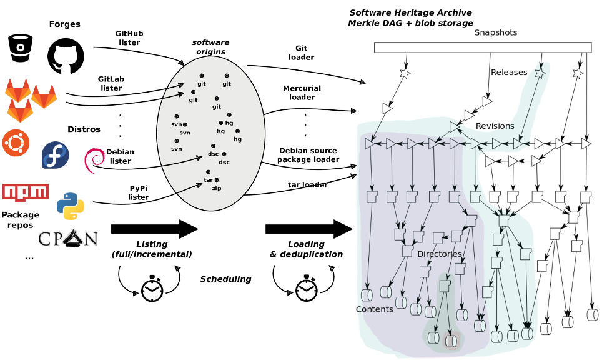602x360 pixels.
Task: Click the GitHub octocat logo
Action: [66, 56]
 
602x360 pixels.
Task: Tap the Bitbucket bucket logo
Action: [21, 47]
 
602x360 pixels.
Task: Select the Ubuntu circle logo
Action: [16, 143]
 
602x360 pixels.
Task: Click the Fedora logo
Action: [56, 155]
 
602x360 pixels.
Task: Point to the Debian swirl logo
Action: [94, 160]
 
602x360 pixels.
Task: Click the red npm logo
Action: [26, 192]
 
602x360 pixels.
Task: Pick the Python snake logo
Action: [71, 206]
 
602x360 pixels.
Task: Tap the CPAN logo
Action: [68, 239]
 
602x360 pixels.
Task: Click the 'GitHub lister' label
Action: [129, 38]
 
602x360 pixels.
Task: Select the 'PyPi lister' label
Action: [138, 192]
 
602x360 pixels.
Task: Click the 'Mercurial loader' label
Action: [302, 92]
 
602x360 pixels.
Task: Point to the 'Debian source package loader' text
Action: [308, 155]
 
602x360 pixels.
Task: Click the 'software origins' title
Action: [211, 47]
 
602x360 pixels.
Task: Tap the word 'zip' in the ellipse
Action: [217, 188]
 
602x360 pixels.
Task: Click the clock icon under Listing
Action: [152, 289]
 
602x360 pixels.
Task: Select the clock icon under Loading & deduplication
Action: [307, 288]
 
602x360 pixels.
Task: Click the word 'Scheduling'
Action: [226, 279]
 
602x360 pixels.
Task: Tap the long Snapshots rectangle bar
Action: [483, 47]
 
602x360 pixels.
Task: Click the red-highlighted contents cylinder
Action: [451, 341]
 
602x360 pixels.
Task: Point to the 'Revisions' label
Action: [495, 126]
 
